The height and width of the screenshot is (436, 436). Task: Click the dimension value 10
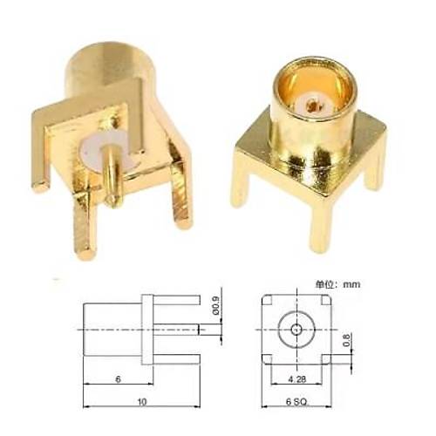click(x=142, y=402)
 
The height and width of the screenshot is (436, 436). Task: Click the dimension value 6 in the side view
click(x=118, y=379)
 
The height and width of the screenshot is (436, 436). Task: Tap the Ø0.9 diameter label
click(x=216, y=305)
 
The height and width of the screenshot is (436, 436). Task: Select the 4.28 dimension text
click(x=297, y=379)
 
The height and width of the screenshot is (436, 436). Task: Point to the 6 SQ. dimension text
click(x=296, y=402)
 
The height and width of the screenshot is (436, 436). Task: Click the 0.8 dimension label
click(x=346, y=340)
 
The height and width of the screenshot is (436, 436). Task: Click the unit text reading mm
click(x=351, y=284)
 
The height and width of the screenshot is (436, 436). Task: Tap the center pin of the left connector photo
click(x=112, y=176)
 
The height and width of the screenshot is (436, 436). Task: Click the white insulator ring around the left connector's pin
click(x=96, y=151)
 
